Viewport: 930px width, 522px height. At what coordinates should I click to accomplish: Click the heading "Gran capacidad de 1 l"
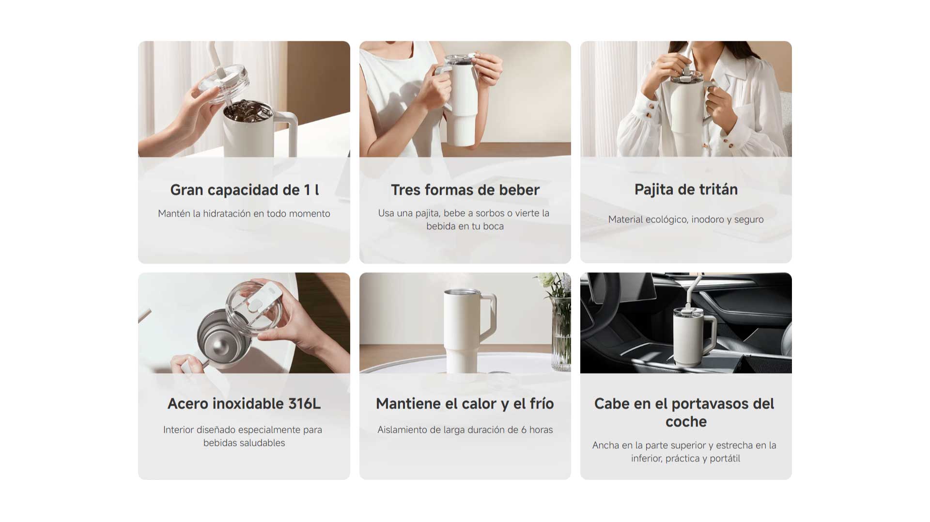pos(244,190)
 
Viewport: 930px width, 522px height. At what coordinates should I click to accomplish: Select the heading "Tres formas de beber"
pos(465,190)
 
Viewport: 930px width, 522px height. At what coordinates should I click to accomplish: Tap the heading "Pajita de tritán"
pos(686,190)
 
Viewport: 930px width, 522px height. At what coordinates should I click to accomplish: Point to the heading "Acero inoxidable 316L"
pos(244,404)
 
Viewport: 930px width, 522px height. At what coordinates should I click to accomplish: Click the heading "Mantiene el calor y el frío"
pos(465,404)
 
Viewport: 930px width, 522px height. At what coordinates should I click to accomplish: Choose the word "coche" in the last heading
pos(686,422)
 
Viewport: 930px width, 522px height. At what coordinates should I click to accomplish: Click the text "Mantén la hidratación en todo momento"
pos(244,214)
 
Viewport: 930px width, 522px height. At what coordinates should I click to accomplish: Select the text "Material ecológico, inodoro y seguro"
pos(686,220)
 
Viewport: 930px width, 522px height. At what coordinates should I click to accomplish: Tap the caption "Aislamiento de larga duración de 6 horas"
pos(465,430)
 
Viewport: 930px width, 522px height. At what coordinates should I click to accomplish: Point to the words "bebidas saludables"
pos(244,443)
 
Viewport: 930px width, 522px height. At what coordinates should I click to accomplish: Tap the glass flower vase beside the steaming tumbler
pos(561,334)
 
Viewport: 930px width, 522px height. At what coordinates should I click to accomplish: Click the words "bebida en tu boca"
pos(465,226)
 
